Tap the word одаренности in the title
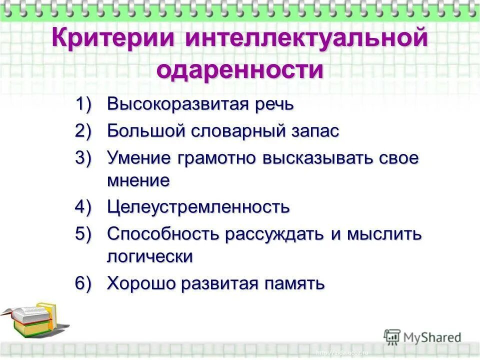(240, 70)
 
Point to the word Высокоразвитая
(177, 105)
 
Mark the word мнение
(138, 180)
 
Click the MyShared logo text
(431, 337)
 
